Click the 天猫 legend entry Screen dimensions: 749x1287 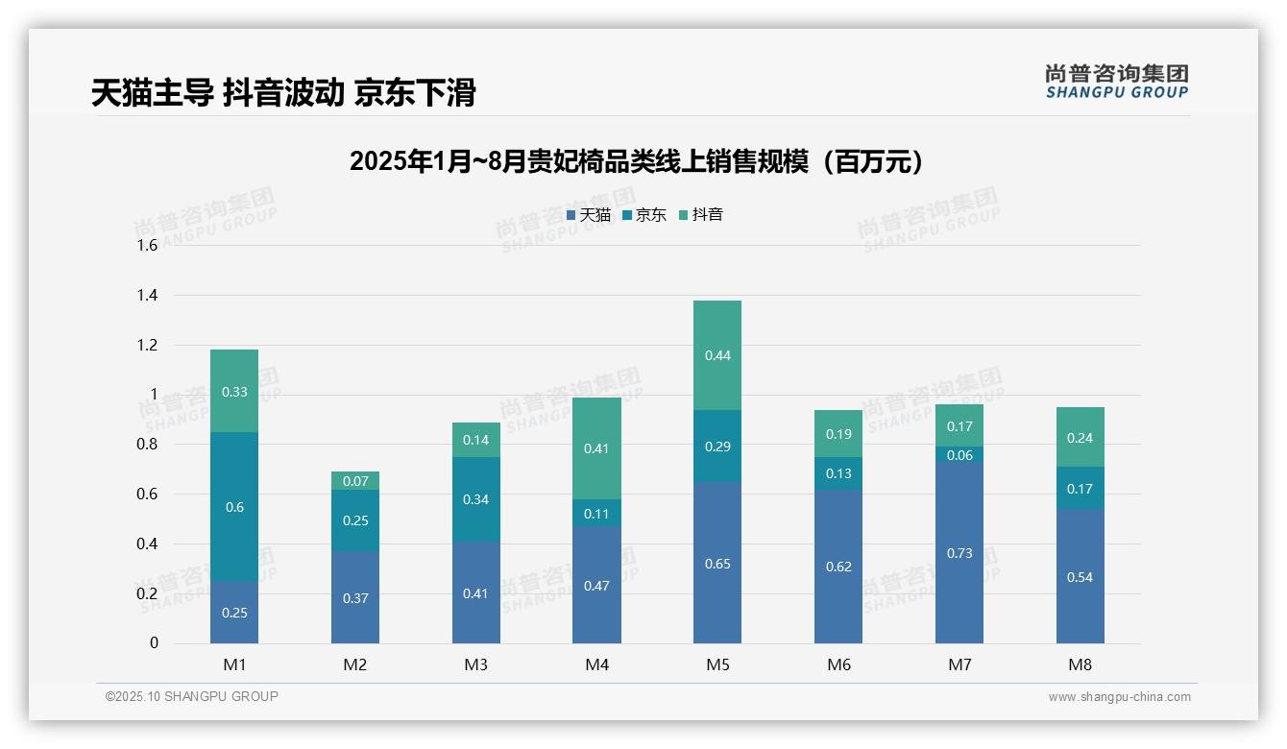(x=588, y=215)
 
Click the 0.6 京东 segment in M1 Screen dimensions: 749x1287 (x=234, y=507)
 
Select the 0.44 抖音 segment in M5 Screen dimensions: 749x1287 (x=717, y=355)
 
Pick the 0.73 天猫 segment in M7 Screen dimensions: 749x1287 (x=959, y=553)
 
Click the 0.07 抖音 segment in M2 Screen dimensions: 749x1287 (x=355, y=480)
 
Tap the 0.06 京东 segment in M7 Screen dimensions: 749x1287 (x=959, y=455)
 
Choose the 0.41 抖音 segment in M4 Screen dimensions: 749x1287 (x=596, y=448)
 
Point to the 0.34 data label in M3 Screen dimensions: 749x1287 (x=476, y=499)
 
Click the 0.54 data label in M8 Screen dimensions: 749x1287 (x=1080, y=577)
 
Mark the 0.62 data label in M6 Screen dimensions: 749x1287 (x=838, y=567)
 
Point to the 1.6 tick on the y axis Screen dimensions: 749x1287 (x=146, y=245)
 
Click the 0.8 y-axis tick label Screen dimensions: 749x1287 (x=146, y=445)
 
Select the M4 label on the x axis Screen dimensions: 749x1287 (x=596, y=664)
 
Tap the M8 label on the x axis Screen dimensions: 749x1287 (x=1080, y=664)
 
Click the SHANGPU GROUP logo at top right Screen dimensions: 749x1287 (x=1116, y=82)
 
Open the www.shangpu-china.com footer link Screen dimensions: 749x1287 (x=1119, y=697)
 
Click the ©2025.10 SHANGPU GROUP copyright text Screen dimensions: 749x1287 (x=192, y=696)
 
